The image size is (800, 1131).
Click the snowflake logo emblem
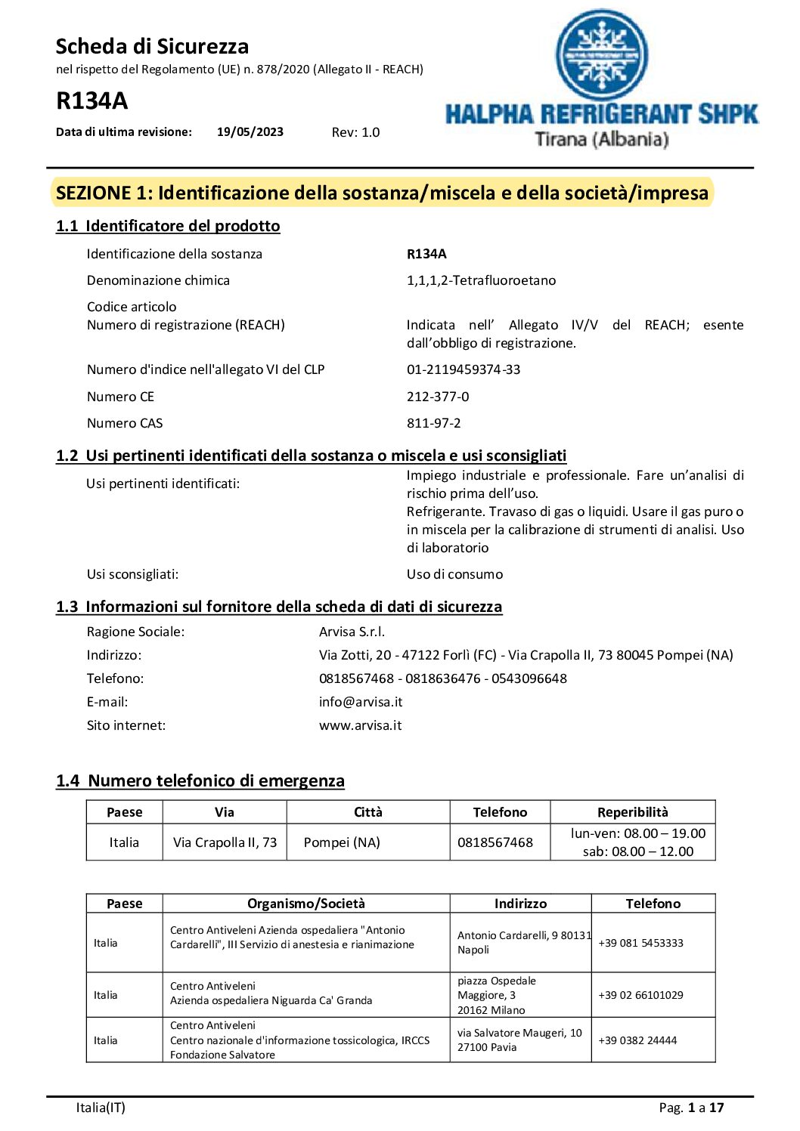pyautogui.click(x=602, y=54)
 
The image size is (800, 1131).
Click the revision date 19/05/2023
pyautogui.click(x=250, y=132)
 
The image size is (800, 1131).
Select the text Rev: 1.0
pyautogui.click(x=355, y=132)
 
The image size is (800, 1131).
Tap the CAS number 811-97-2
pyautogui.click(x=433, y=423)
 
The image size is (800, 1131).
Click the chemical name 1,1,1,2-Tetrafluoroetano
pyautogui.click(x=481, y=280)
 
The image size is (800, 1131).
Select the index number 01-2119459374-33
pyautogui.click(x=464, y=369)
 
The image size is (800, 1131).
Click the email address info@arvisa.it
pyautogui.click(x=361, y=702)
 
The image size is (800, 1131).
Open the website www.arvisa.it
pyautogui.click(x=360, y=725)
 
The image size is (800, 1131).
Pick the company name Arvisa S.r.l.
pyautogui.click(x=352, y=632)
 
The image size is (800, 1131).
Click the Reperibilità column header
pyautogui.click(x=632, y=812)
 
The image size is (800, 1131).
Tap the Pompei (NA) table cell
pyautogui.click(x=342, y=842)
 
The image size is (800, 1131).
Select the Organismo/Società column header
pyautogui.click(x=305, y=904)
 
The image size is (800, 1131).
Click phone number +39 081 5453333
pyautogui.click(x=640, y=943)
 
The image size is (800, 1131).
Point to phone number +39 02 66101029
pyautogui.click(x=640, y=995)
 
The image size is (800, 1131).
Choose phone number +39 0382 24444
pyautogui.click(x=637, y=1040)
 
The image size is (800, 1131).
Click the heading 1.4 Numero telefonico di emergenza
pyautogui.click(x=200, y=780)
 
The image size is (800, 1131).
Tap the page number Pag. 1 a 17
pyautogui.click(x=691, y=1108)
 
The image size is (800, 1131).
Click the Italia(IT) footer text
pyautogui.click(x=101, y=1108)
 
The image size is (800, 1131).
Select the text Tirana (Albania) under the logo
pyautogui.click(x=601, y=139)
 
